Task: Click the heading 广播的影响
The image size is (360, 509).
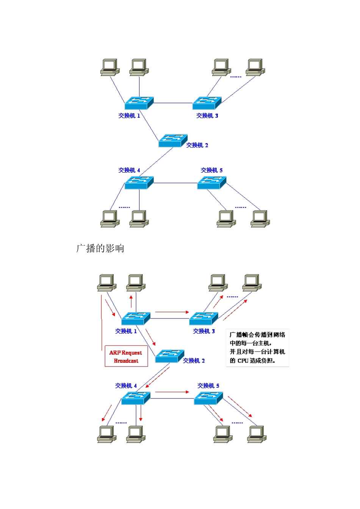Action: tap(100, 248)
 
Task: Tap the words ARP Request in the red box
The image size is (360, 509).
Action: tap(125, 353)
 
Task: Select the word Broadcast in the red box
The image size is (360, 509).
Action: tap(126, 361)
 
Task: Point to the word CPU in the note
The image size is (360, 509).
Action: tap(243, 361)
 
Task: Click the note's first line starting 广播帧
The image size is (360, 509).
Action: tap(257, 335)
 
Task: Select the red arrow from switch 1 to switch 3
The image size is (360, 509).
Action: tap(172, 312)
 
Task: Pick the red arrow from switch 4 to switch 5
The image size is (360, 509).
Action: tap(172, 392)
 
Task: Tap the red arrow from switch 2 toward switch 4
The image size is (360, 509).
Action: tap(158, 377)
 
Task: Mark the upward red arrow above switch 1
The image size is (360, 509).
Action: tap(131, 301)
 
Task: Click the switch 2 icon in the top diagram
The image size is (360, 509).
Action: tap(173, 141)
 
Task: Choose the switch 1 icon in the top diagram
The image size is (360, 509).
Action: tap(139, 103)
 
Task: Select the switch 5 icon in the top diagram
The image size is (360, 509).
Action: tap(211, 183)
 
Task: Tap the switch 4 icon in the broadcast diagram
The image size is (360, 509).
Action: tap(136, 398)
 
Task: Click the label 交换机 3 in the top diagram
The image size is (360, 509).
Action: tap(207, 116)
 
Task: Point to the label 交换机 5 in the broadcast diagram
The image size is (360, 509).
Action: tap(208, 386)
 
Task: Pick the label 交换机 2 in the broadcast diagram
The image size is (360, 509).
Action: tap(194, 361)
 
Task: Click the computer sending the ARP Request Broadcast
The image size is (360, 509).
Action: tap(106, 283)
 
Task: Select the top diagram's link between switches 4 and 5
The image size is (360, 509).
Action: tap(175, 183)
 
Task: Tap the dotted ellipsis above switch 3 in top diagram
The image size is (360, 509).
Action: tap(236, 77)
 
